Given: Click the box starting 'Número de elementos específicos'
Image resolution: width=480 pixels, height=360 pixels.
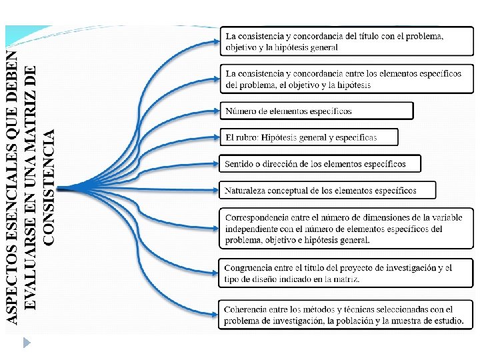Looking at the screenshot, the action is pos(317,111).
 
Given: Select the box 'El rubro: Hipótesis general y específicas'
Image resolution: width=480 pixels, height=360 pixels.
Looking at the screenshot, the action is pos(309,137).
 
